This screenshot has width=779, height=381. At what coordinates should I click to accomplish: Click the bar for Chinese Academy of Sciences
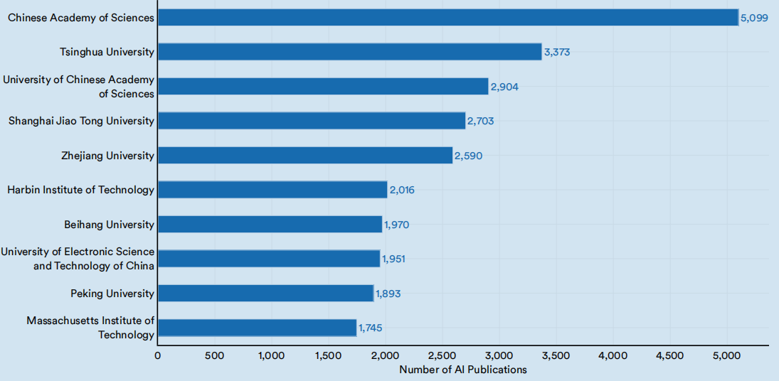coord(448,17)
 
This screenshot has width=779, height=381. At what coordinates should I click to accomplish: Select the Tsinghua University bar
coord(349,52)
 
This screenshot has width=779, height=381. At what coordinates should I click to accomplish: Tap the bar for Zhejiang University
coord(305,156)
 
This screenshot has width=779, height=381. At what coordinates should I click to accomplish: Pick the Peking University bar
coord(265,294)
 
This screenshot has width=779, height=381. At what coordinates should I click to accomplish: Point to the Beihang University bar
coord(270,225)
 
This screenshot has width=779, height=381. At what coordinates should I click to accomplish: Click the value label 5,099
coord(754,18)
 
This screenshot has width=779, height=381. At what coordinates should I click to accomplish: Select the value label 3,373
coord(557,52)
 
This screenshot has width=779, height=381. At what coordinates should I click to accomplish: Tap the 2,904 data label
coord(504,87)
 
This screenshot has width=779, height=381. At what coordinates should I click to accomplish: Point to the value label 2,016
coord(401,190)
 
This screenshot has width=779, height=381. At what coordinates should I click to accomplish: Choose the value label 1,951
coord(393,259)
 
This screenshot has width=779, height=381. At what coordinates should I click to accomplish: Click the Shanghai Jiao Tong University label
coord(81,121)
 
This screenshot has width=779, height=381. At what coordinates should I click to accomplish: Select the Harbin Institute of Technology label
coord(80,190)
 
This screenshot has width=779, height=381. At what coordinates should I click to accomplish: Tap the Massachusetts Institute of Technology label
coord(90,328)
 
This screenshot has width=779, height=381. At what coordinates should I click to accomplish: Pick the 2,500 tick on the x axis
coord(442,355)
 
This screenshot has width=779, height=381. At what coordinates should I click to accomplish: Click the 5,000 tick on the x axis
coord(726,355)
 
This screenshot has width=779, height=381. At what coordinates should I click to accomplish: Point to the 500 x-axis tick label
coord(214,355)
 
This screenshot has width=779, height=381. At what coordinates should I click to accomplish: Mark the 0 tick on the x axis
coord(157,355)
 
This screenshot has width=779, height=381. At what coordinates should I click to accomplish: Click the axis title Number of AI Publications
coord(463,370)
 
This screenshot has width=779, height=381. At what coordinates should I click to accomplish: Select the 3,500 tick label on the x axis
coord(556,355)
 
